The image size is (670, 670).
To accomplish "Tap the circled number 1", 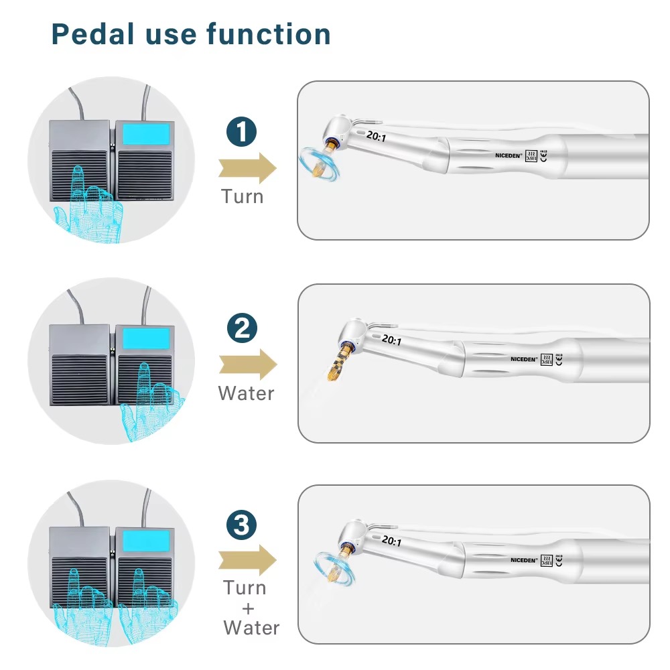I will click(x=242, y=132).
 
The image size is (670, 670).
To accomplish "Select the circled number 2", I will click(x=242, y=328).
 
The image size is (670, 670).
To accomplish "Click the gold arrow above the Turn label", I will click(x=247, y=167).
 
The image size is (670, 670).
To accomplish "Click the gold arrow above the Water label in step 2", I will click(x=247, y=364).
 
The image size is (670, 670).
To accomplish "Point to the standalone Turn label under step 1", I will click(x=243, y=197).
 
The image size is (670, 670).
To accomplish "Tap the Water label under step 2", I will click(x=246, y=393).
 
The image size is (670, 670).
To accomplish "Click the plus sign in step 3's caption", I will click(x=248, y=608).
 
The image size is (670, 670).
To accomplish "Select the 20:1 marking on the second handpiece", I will click(x=391, y=340).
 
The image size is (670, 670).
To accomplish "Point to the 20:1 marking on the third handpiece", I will click(x=391, y=541).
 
